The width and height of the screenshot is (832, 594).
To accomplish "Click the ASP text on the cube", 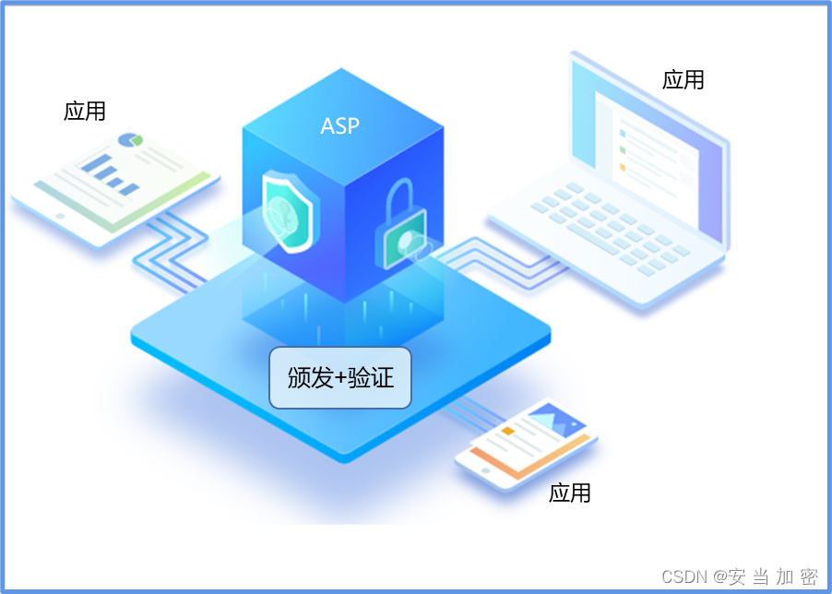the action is [339, 126].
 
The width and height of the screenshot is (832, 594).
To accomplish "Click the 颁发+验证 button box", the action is [339, 377].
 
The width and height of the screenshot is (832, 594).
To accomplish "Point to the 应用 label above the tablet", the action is [85, 112].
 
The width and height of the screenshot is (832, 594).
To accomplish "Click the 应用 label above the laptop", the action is [683, 80].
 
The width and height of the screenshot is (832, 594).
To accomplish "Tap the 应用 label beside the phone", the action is [570, 493].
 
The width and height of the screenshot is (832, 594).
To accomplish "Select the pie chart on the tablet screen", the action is [131, 140].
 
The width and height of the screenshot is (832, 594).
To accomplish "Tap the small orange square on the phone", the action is [507, 431].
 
